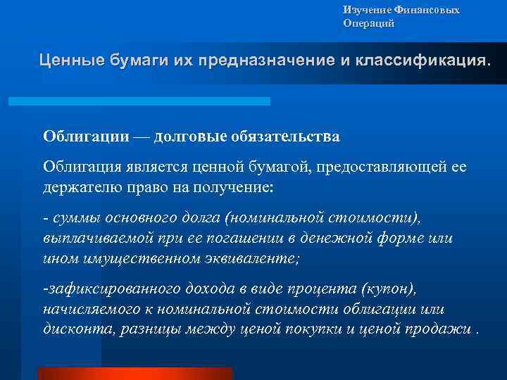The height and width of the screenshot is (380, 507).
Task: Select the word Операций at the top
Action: coord(369,23)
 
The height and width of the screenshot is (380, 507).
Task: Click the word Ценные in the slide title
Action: coord(70,60)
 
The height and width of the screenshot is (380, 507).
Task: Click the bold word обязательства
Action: coord(286,137)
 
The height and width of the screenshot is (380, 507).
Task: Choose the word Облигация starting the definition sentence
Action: coord(80,166)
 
